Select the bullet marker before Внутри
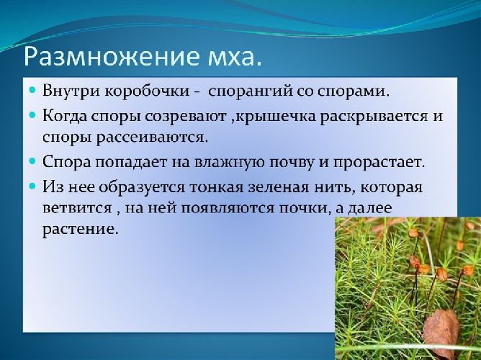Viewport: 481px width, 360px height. click(32, 92)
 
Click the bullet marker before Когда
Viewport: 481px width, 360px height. click(32, 115)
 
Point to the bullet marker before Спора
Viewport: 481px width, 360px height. click(32, 162)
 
